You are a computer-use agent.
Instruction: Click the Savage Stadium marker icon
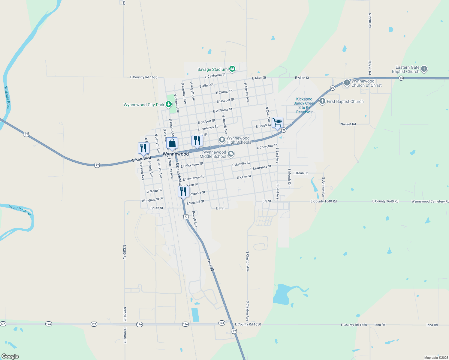232,69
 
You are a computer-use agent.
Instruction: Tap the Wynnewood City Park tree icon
169,104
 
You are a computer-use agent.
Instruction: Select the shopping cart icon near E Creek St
278,122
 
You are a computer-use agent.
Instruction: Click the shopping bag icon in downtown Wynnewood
172,143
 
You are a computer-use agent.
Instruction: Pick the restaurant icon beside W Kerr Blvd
143,148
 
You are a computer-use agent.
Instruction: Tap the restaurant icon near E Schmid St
183,191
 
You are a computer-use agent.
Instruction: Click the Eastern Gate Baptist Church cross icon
424,69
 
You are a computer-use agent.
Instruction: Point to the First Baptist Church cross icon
322,101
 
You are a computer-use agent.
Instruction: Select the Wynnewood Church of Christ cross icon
347,83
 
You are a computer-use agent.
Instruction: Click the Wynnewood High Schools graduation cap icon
222,140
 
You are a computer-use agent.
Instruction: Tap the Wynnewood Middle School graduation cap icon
231,154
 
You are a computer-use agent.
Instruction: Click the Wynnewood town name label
176,154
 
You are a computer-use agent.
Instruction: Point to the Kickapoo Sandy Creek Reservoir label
304,105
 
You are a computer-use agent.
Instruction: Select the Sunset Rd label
348,124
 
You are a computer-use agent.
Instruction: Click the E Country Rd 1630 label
144,77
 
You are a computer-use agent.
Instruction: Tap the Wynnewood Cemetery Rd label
430,202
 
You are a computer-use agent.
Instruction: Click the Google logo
10,356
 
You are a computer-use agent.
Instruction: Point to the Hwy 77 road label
211,265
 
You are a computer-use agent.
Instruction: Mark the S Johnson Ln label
323,187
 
